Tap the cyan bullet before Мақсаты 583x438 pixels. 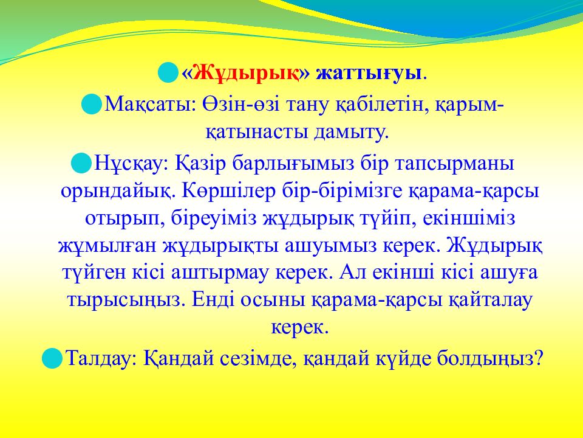(x=92, y=104)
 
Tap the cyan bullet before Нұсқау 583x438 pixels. (x=81, y=163)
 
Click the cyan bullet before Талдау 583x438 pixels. (x=52, y=358)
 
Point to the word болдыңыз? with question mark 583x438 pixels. (x=490, y=359)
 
